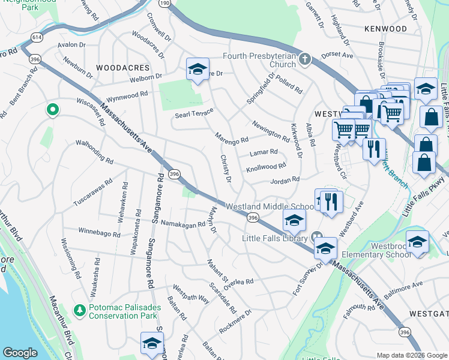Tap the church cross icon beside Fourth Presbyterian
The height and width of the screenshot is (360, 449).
tap(305, 59)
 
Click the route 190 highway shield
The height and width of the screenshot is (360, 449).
tap(164, 4)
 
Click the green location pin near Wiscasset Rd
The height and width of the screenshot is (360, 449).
tap(52, 109)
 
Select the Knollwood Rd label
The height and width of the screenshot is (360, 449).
tap(266, 166)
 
